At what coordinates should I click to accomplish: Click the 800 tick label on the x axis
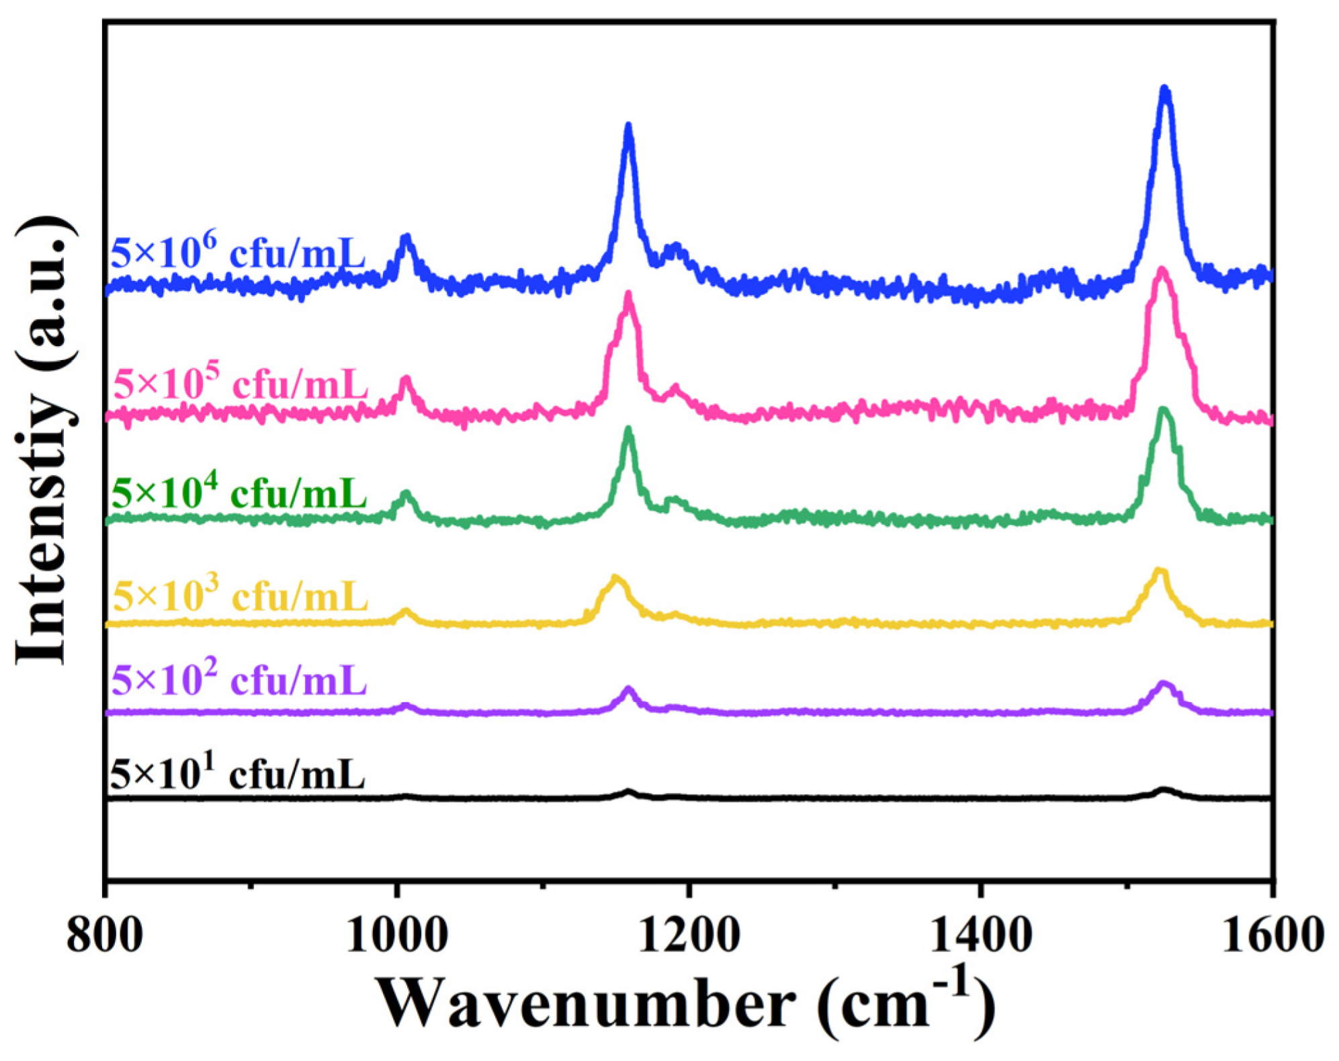tap(105, 935)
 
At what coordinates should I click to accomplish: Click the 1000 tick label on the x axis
tap(397, 935)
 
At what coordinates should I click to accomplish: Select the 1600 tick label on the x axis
tap(1272, 935)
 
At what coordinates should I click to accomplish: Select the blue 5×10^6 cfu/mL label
tap(238, 253)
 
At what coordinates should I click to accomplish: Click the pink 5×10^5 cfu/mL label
tap(241, 384)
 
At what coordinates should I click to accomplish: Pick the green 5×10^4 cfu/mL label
tap(239, 494)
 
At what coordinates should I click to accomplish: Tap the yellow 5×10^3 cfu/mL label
tap(241, 595)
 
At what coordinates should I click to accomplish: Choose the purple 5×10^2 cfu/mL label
tap(239, 680)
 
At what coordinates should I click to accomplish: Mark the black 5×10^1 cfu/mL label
tap(237, 774)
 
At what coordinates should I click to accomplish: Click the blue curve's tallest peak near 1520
tap(1165, 91)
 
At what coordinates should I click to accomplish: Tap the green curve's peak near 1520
tap(1164, 411)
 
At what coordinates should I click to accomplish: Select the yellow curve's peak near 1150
tap(615, 579)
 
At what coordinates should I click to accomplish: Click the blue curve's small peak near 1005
tap(405, 239)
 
